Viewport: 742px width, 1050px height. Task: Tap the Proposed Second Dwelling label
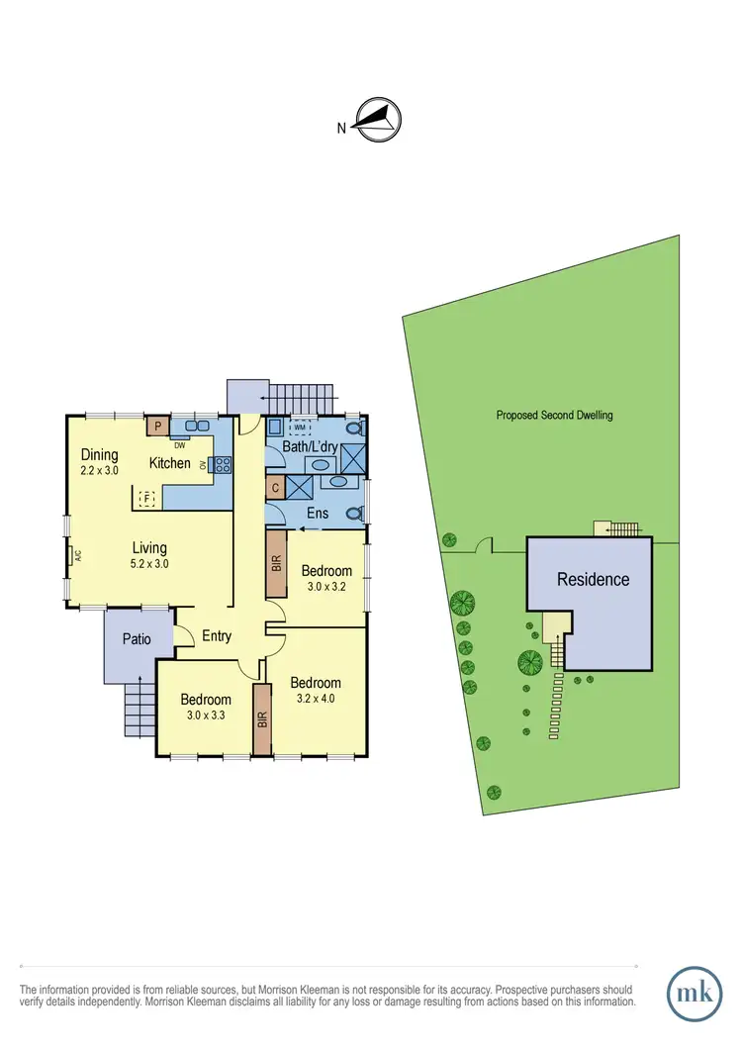point(554,416)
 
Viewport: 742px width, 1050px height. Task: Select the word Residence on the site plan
point(593,580)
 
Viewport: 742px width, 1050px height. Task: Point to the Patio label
point(137,639)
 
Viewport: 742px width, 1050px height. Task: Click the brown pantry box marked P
point(156,427)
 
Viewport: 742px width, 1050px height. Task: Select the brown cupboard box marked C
point(275,488)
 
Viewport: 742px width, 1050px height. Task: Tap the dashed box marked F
point(147,499)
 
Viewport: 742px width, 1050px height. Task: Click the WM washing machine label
point(300,428)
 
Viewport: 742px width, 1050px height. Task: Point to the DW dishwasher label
point(180,444)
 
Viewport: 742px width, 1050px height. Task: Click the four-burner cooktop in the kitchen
point(224,463)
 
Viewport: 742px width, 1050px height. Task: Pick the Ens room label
point(317,514)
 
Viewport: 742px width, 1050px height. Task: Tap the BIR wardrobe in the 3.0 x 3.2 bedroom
point(275,563)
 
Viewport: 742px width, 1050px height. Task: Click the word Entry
point(217,636)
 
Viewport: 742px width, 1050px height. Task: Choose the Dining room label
point(100,455)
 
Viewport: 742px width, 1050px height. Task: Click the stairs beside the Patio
point(138,711)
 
